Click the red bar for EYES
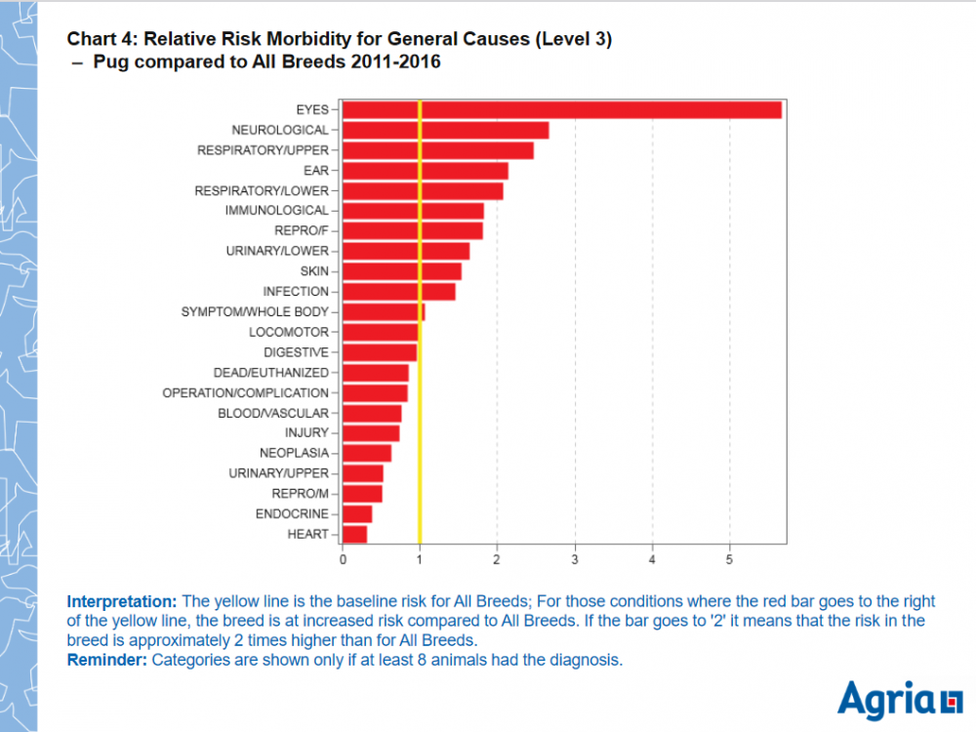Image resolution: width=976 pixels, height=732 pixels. click(561, 109)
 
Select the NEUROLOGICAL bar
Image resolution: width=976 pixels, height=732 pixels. click(445, 130)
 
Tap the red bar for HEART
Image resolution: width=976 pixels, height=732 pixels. click(354, 534)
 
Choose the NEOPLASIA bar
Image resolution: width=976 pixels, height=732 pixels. click(367, 453)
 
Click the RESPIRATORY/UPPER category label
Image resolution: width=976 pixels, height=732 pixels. click(263, 150)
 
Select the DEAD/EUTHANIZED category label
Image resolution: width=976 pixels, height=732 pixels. click(270, 373)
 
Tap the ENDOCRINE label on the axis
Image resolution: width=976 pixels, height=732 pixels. click(292, 513)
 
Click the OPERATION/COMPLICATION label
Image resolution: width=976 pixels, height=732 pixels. click(245, 392)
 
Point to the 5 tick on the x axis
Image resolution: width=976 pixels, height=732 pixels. click(729, 560)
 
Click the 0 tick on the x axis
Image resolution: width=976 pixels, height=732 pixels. click(343, 560)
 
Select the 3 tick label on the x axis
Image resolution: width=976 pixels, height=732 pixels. click(575, 560)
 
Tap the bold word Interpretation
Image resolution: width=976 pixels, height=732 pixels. click(122, 601)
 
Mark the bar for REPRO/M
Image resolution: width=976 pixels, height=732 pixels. click(362, 494)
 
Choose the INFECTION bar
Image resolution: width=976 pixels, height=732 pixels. click(398, 292)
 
